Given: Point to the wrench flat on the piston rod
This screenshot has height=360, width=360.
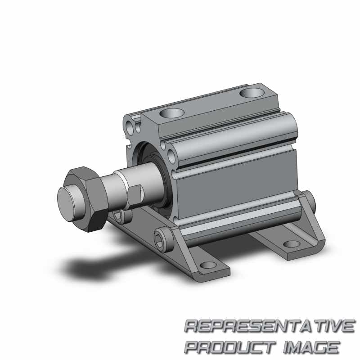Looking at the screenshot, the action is coord(135,194).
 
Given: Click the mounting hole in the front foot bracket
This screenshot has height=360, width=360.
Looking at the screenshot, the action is coord(208,265).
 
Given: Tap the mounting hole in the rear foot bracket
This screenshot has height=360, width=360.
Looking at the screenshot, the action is coord(292,244).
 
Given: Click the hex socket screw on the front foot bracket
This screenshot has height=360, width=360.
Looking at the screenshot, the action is coord(164,240).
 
